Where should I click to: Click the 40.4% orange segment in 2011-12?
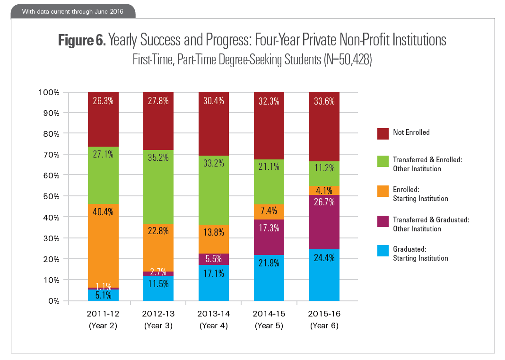tap(103, 246)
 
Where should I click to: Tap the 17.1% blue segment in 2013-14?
tap(214, 283)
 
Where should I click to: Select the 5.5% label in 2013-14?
tap(214, 259)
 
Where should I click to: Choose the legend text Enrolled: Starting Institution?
tap(420, 194)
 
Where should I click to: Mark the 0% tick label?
tap(52, 301)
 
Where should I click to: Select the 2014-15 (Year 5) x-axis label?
tap(269, 320)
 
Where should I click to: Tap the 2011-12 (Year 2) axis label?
tap(103, 320)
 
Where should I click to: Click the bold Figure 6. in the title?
tap(81, 41)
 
